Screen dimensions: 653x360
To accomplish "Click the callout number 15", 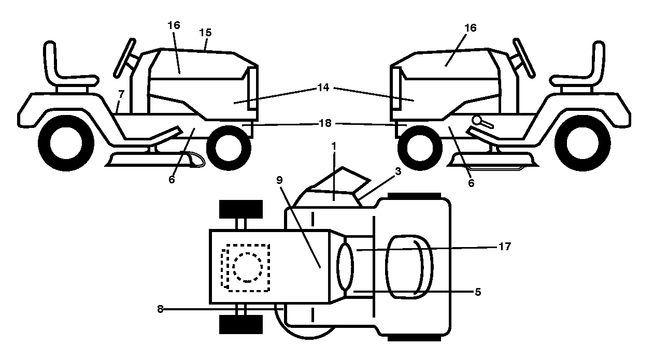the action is (x=205, y=33).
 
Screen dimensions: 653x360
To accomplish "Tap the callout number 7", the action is (x=121, y=94).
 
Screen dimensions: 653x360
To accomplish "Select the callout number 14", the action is (x=323, y=88).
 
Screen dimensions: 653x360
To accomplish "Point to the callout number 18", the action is (x=325, y=123).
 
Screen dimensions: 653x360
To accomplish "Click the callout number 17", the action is (x=505, y=247).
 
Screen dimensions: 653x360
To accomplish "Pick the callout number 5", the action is (x=478, y=292).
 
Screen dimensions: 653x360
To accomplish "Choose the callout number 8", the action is (x=160, y=309).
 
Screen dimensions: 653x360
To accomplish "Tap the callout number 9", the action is (x=279, y=180).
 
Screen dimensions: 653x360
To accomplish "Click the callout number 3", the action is (x=398, y=171).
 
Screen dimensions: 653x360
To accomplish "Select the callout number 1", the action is (x=334, y=146).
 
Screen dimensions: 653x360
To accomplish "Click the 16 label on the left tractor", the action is (x=174, y=25).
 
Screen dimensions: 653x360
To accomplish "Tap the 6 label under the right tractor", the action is (x=471, y=183).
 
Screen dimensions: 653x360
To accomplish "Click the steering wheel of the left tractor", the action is (x=124, y=58).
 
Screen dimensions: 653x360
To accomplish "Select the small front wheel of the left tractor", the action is (x=229, y=148).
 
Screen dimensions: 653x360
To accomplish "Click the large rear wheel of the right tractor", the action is (x=583, y=143).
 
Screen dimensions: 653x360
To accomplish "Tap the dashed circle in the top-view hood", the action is (x=248, y=267).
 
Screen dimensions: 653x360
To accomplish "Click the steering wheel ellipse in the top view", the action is (x=345, y=267).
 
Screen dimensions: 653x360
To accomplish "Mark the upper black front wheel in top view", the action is (x=241, y=209).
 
